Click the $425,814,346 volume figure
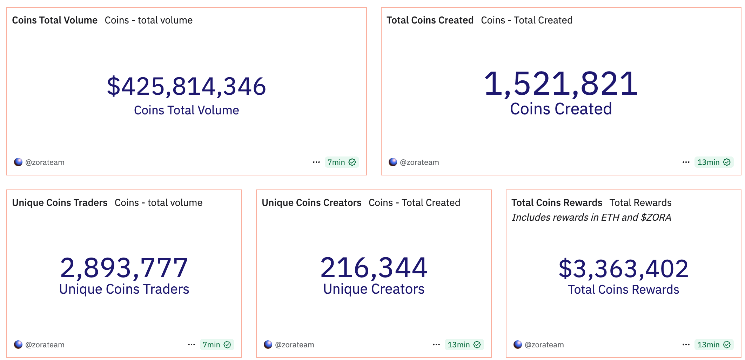pos(186,86)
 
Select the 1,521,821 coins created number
pos(561,84)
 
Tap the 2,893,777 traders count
pos(124,268)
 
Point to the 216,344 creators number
pos(374,268)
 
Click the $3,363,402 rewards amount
pos(623,269)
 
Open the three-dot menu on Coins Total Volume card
pos(316,162)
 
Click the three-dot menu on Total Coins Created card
pos(686,162)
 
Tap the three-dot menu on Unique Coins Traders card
pos(191,345)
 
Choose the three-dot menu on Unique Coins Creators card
pos(436,345)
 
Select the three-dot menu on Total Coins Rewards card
pos(686,345)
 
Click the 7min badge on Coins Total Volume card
pos(341,162)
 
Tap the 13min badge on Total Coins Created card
pos(713,162)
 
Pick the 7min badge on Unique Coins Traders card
pos(216,345)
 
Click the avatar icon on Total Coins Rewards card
pos(517,345)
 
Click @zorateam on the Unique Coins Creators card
pos(294,345)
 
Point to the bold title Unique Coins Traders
pos(60,203)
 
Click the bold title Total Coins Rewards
pos(557,203)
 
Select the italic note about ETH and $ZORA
pos(591,218)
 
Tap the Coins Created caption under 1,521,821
pos(561,109)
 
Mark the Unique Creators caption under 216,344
pos(374,289)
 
